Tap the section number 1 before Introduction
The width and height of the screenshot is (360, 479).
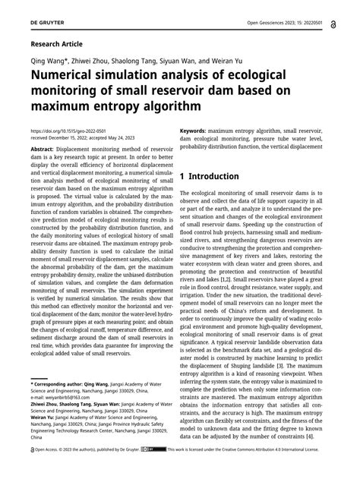click(x=183, y=175)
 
